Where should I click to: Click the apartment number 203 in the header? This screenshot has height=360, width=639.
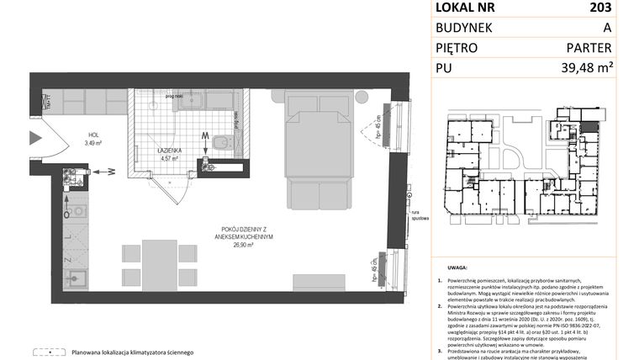pos(602,8)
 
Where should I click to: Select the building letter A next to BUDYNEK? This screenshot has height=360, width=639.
pos(606,28)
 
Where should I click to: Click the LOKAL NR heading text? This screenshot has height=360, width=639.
pos(465,8)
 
